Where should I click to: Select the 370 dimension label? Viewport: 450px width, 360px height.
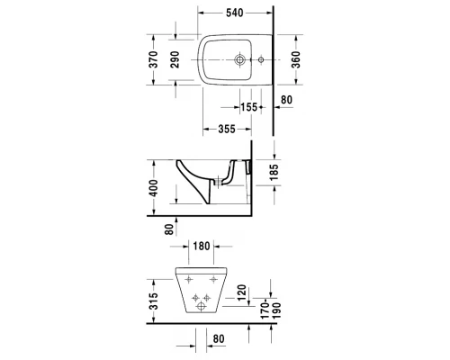point(154,60)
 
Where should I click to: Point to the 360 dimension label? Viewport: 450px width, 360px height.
point(295,60)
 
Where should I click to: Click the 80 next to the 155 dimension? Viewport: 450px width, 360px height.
point(287,99)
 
